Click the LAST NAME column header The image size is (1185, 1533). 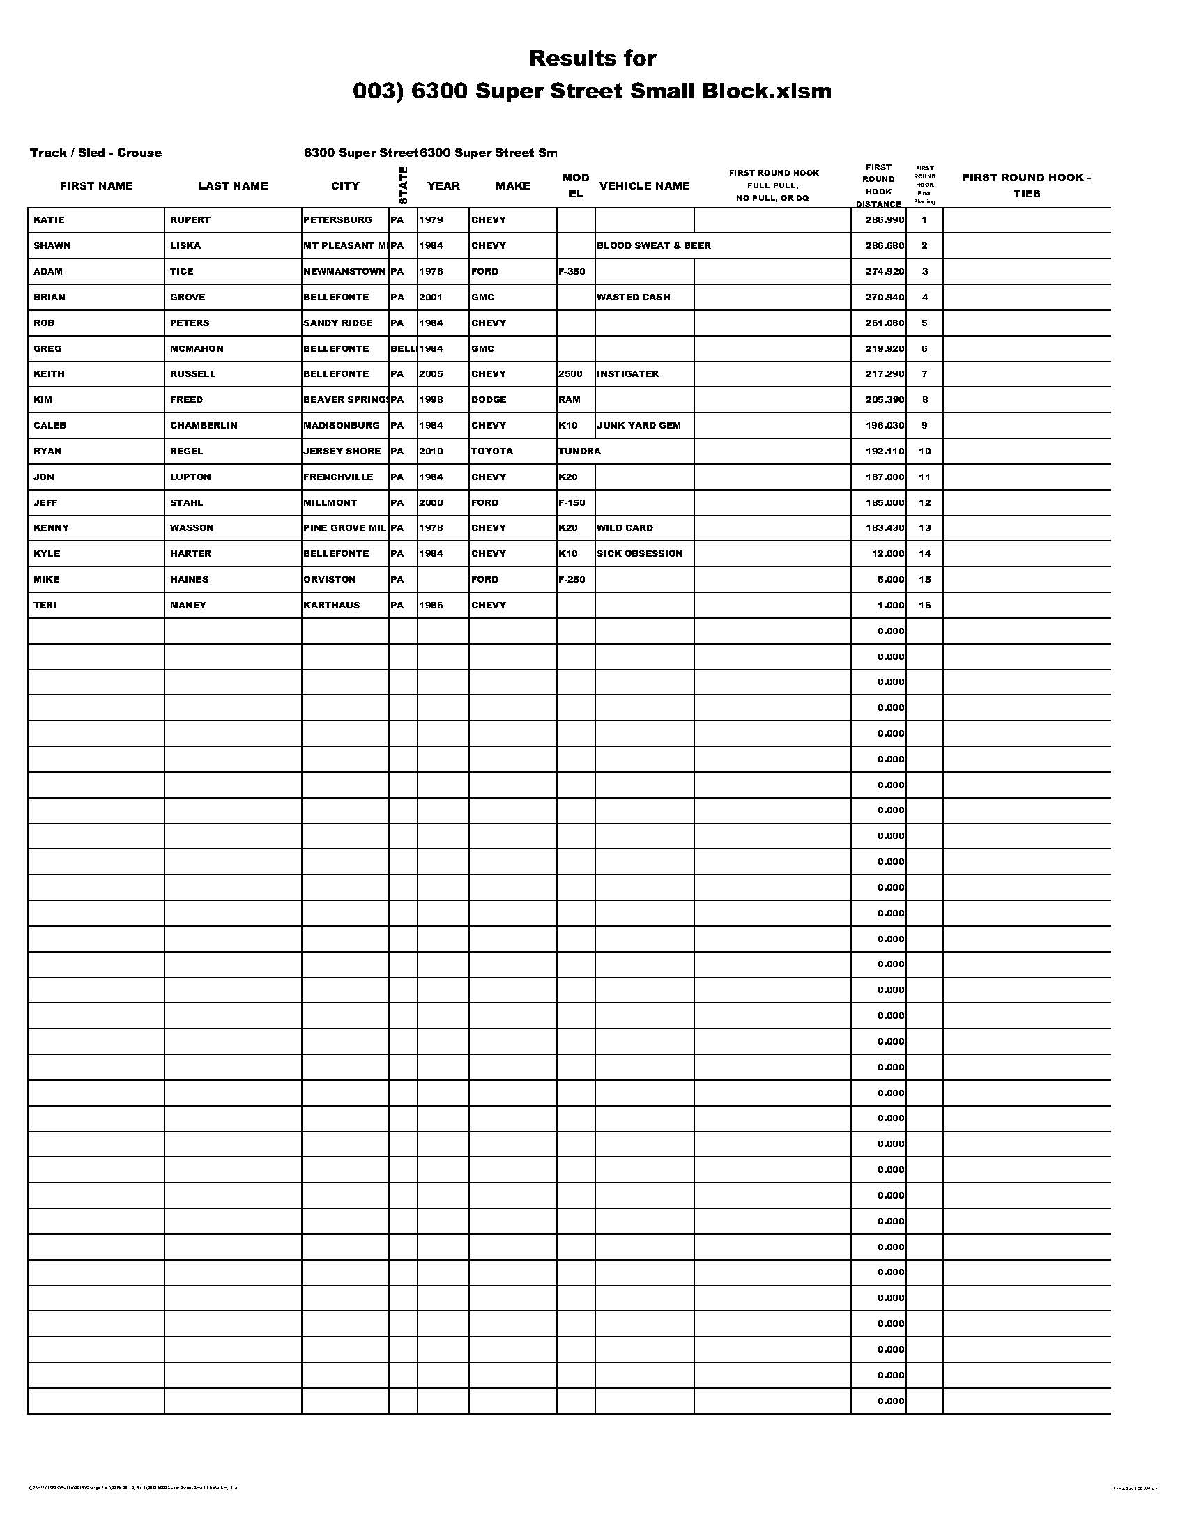(233, 185)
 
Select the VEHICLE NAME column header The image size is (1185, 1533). (644, 185)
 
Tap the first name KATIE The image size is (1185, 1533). (48, 219)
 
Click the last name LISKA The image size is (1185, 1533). (185, 246)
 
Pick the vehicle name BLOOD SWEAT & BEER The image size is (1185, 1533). (653, 246)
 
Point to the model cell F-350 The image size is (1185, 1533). (572, 272)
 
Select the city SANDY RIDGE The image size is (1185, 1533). (337, 323)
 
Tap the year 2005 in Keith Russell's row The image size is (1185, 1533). (430, 374)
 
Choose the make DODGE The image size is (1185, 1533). (489, 399)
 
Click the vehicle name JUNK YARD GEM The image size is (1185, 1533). (638, 425)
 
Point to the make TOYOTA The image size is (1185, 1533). (491, 452)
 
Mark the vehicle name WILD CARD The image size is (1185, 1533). (624, 528)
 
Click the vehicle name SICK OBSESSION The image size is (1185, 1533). (639, 554)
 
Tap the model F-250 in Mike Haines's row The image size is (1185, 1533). (572, 579)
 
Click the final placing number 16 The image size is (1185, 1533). (924, 605)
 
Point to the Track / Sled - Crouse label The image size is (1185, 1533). (95, 153)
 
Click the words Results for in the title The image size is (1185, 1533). (592, 58)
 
